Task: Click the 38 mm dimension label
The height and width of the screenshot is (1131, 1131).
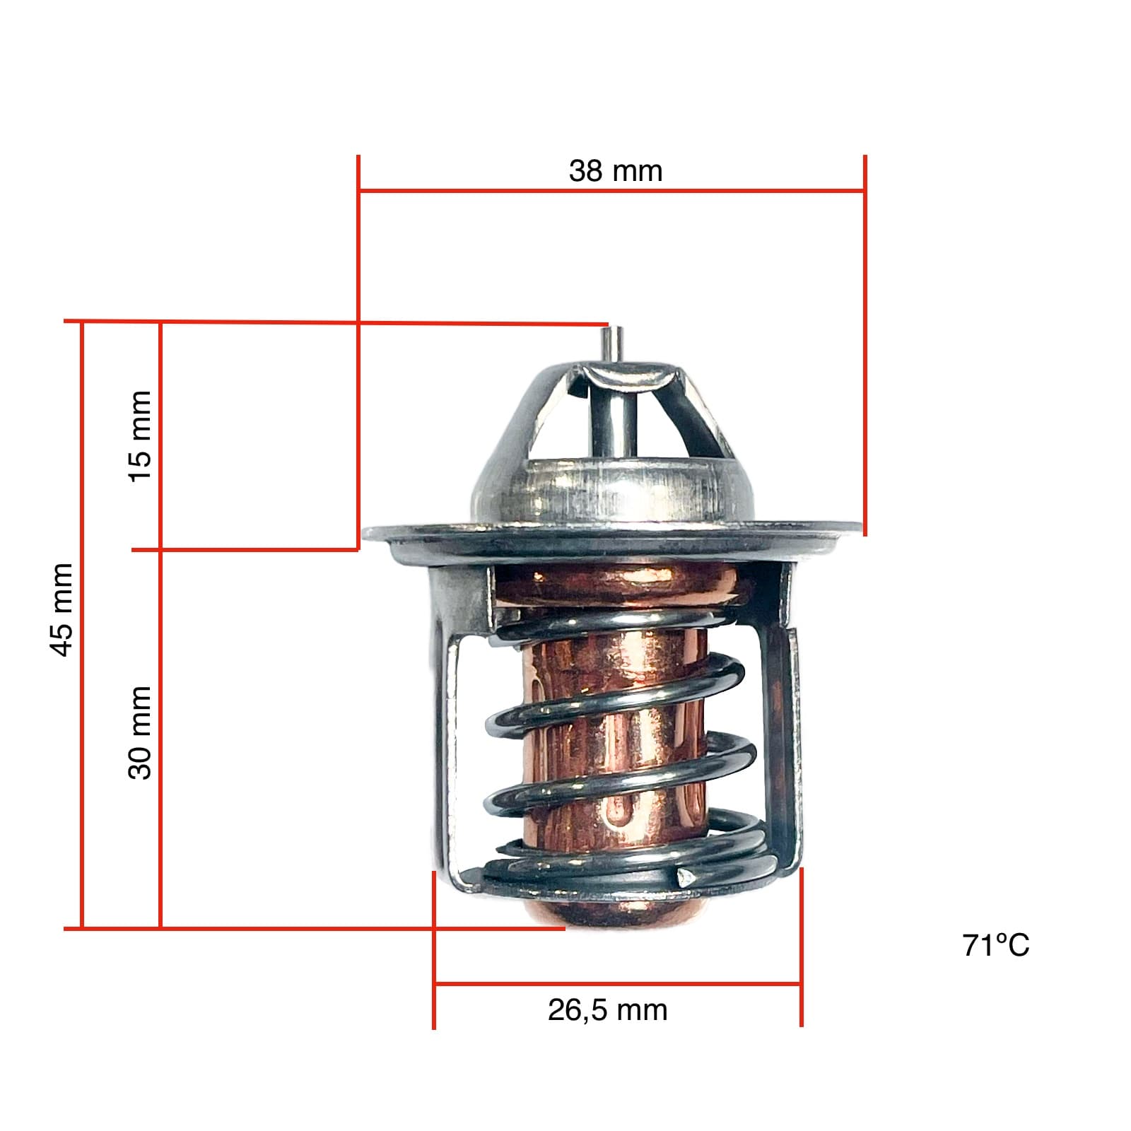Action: click(615, 172)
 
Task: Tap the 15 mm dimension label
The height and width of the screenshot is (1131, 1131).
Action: click(140, 435)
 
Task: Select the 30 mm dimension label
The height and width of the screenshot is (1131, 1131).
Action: click(140, 732)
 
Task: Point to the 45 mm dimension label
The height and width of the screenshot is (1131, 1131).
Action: click(62, 609)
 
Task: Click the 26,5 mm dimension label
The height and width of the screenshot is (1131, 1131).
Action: click(607, 1010)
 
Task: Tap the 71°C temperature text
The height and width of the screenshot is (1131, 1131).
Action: click(995, 945)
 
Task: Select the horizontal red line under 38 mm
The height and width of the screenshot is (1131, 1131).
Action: click(611, 190)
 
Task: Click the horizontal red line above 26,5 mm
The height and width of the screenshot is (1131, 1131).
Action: click(617, 983)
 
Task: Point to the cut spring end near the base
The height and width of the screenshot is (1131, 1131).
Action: click(684, 879)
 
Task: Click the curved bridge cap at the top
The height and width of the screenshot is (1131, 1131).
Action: click(626, 374)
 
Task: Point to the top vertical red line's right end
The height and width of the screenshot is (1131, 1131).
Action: click(865, 346)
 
